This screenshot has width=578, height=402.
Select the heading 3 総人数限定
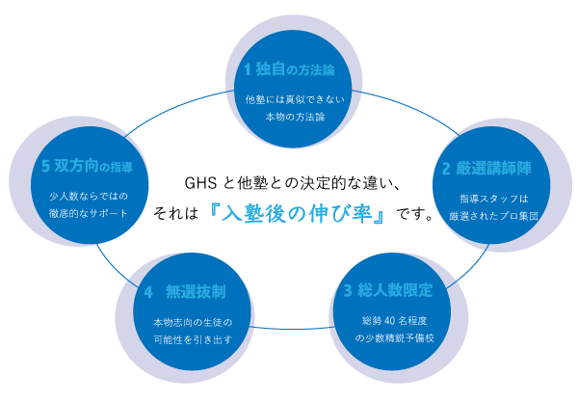coord(388,290)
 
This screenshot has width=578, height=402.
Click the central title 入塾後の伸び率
coord(296,212)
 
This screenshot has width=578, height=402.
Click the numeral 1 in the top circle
coord(247,69)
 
